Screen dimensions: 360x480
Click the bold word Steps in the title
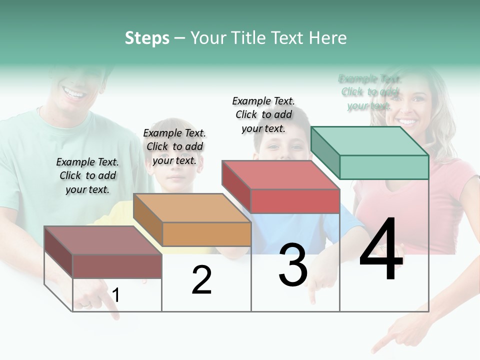[x=147, y=38]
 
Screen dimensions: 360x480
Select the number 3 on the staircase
[x=293, y=265]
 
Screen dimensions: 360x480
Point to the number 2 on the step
[x=201, y=280]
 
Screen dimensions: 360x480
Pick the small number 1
[x=116, y=295]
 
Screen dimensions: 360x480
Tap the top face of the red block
[x=281, y=175]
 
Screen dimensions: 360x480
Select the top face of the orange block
[x=192, y=208]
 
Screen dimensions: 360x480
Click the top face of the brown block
[x=103, y=240]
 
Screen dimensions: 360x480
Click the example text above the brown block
[x=87, y=175]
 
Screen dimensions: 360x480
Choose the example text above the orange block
[x=174, y=146]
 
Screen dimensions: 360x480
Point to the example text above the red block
[x=263, y=114]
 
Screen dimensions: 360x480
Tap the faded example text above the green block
[x=370, y=92]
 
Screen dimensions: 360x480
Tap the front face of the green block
[x=384, y=167]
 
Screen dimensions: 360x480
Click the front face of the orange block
[x=206, y=234]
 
